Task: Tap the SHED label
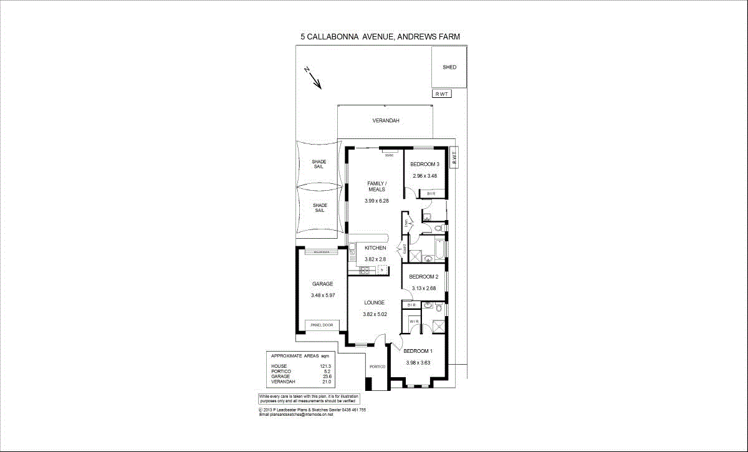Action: tap(449, 67)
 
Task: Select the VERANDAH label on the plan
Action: tap(386, 120)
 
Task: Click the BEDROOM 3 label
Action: tap(424, 165)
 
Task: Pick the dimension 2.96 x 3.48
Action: tap(424, 176)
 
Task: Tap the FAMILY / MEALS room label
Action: tap(376, 186)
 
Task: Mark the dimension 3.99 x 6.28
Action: tap(376, 201)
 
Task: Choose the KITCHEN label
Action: tap(375, 248)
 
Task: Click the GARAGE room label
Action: tap(322, 284)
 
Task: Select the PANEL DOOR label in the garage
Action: tap(322, 325)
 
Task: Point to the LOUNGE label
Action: tap(375, 303)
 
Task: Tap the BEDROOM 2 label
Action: tap(424, 276)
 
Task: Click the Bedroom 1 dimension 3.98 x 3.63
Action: tap(418, 363)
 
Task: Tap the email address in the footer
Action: tap(296, 415)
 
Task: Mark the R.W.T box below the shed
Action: tap(443, 94)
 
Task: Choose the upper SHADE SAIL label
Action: tap(319, 164)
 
